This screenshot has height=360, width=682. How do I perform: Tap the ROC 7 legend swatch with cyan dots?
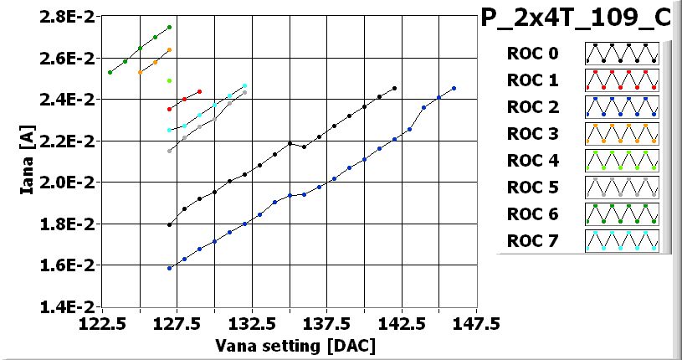(622, 241)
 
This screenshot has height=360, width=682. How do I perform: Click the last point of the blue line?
(454, 88)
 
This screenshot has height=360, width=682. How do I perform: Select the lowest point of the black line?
(170, 224)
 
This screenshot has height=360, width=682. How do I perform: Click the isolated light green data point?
(170, 80)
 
